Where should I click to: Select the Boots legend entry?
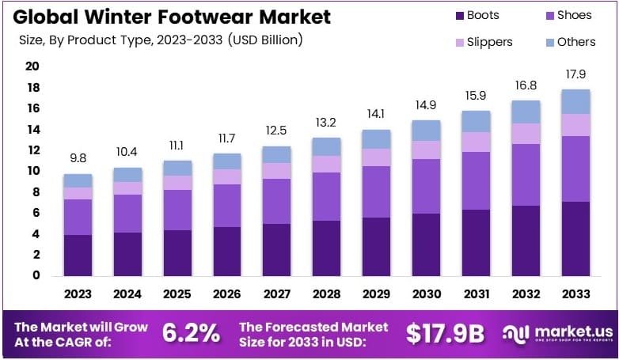481,15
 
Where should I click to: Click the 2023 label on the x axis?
78,294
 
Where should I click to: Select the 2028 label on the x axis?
327,294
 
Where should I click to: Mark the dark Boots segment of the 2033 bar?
576,238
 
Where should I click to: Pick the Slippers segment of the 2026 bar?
227,176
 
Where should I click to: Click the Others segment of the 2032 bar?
526,112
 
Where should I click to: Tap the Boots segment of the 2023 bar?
78,255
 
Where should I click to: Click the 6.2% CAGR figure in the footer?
191,333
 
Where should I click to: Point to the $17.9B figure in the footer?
444,333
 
